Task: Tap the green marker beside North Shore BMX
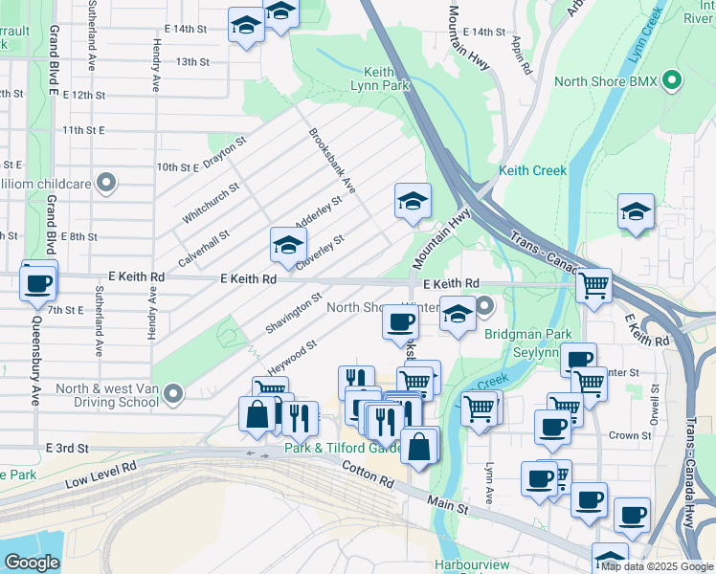pyautogui.click(x=673, y=81)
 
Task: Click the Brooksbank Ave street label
pyautogui.click(x=332, y=162)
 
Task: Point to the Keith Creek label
pyautogui.click(x=532, y=170)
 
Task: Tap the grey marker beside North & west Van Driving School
pyautogui.click(x=173, y=393)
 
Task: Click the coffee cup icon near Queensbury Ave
pyautogui.click(x=39, y=282)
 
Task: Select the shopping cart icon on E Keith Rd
pyautogui.click(x=594, y=285)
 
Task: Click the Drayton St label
pyautogui.click(x=226, y=152)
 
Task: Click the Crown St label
pyautogui.click(x=630, y=435)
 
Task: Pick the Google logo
pyautogui.click(x=32, y=563)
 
